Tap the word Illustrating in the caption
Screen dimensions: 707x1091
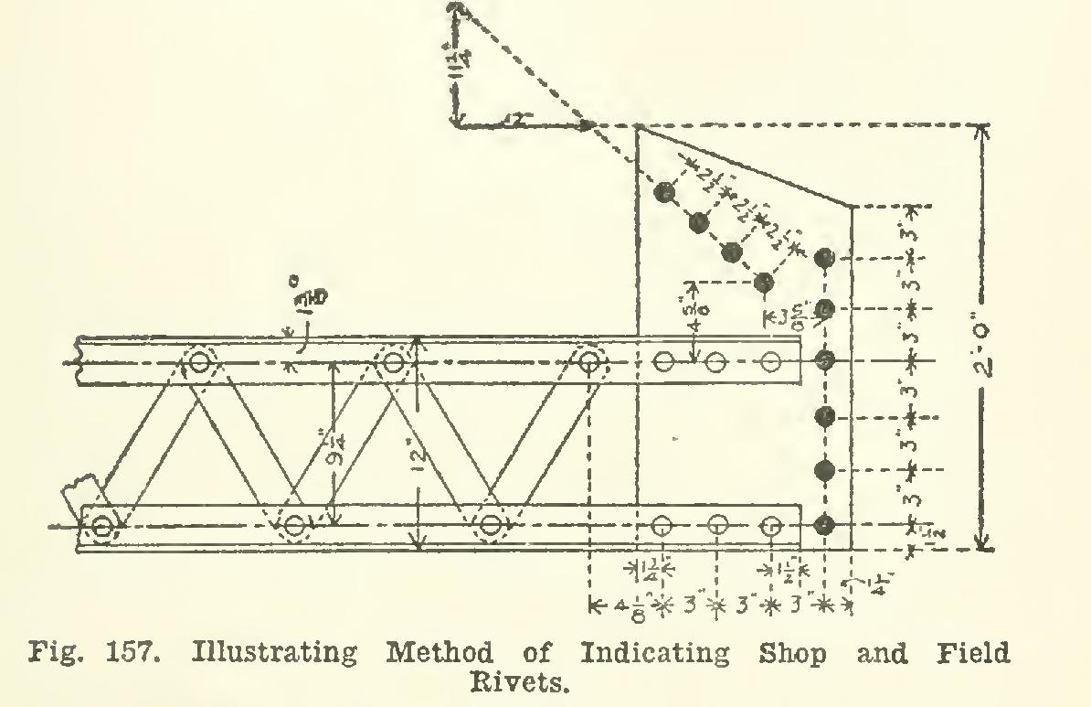click(273, 654)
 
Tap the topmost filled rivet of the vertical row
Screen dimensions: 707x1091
click(825, 258)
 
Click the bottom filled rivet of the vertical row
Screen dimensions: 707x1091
click(825, 525)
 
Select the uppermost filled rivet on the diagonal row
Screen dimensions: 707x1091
click(665, 192)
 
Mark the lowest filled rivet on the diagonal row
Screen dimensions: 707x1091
click(765, 283)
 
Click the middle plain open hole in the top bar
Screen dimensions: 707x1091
click(717, 363)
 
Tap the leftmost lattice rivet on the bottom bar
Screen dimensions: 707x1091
click(101, 527)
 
